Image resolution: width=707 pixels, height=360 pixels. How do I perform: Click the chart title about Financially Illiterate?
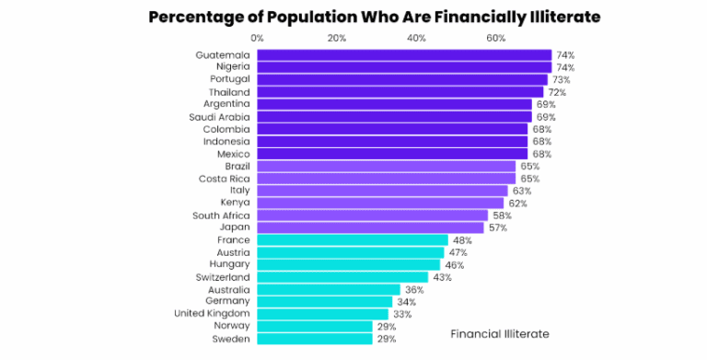point(353,17)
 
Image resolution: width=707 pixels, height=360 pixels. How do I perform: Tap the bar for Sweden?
point(314,339)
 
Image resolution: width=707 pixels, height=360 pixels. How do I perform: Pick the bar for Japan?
point(369,227)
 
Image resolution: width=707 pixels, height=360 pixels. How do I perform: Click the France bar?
point(352,240)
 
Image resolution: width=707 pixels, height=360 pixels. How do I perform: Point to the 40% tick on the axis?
point(416,38)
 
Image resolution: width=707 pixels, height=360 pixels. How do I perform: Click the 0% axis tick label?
point(257,38)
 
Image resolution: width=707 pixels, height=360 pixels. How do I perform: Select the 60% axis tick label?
point(496,38)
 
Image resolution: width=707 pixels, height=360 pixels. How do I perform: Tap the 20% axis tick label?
point(337,38)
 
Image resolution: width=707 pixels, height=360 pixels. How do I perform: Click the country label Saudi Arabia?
point(219,117)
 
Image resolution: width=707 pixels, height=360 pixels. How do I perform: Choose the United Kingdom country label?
point(212,314)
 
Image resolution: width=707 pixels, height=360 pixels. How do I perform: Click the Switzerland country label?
point(222,277)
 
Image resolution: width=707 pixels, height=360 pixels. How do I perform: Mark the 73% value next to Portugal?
point(561,80)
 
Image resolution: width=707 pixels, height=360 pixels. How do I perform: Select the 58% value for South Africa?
point(502,215)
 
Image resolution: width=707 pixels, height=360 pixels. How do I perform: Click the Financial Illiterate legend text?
point(500,333)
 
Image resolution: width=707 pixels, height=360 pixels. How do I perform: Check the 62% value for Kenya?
point(517,203)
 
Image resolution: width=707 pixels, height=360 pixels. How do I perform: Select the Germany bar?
point(324,302)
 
